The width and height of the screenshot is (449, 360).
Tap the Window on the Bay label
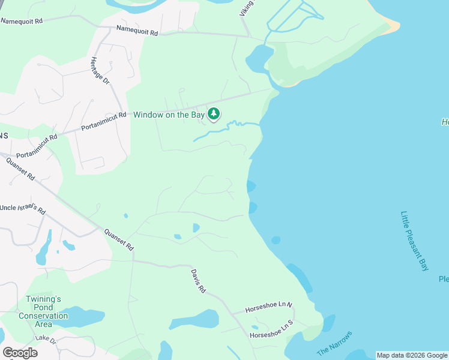(x=169, y=115)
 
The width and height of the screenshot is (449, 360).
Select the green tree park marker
(x=214, y=113)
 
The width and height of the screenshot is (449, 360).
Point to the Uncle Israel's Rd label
(x=22, y=209)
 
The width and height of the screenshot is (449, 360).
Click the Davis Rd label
(x=199, y=280)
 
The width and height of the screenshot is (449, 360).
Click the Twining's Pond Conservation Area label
(x=43, y=307)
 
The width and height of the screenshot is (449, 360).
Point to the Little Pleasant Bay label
(x=415, y=241)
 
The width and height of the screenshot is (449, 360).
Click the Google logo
(x=20, y=352)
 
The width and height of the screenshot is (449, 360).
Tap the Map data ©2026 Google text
(x=412, y=355)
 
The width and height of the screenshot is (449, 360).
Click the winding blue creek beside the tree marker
(x=228, y=128)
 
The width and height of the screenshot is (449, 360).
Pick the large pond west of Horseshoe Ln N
(x=195, y=319)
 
